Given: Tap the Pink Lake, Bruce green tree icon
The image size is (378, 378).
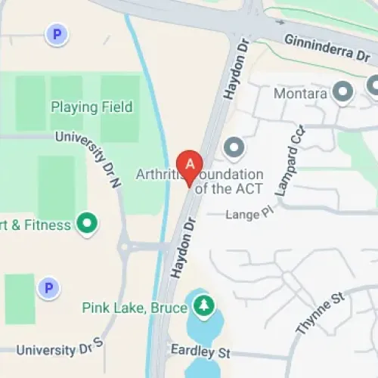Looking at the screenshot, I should [203, 305].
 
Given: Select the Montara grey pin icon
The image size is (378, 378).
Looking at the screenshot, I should [344, 93].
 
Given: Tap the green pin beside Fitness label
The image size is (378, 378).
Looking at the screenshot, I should [89, 224].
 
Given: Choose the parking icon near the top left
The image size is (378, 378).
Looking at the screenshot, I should [54, 33].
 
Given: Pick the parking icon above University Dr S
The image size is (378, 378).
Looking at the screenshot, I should [48, 288].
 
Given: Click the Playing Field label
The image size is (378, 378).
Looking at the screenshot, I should [91, 107].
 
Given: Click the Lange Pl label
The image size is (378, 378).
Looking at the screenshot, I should [248, 215].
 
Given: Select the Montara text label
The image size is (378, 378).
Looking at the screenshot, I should [302, 94].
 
